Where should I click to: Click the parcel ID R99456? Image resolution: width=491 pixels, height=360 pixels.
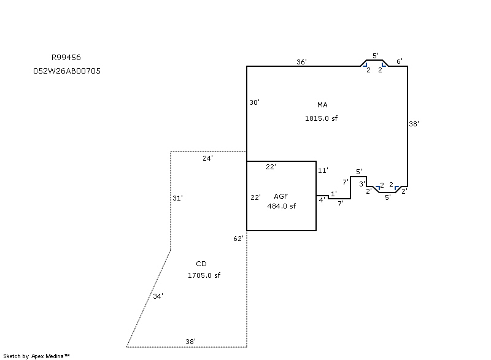click(x=66, y=57)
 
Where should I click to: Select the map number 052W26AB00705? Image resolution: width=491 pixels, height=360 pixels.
click(x=67, y=71)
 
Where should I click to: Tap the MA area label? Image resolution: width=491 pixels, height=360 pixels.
click(x=322, y=105)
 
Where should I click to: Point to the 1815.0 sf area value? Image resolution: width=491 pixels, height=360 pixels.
click(x=321, y=118)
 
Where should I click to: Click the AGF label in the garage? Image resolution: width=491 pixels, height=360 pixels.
click(x=281, y=196)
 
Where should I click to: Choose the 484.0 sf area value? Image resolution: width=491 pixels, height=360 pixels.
click(x=281, y=206)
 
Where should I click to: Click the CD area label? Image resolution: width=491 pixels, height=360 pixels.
click(x=201, y=264)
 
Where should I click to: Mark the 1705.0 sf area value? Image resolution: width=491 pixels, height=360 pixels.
click(x=204, y=275)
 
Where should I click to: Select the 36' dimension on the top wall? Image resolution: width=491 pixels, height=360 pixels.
click(x=301, y=62)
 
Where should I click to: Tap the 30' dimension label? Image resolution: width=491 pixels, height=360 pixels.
click(x=254, y=102)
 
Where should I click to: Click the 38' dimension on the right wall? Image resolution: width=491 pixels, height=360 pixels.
click(x=414, y=124)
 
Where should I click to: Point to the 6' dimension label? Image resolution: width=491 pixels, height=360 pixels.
click(x=399, y=61)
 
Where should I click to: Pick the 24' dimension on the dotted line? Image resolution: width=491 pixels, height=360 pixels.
click(x=207, y=158)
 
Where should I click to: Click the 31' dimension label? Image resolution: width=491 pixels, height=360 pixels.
click(x=177, y=197)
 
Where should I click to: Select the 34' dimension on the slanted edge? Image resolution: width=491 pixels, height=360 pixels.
click(x=158, y=296)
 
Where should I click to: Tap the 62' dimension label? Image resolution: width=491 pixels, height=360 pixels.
click(x=239, y=238)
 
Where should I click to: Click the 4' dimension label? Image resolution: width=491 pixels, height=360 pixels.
click(x=322, y=199)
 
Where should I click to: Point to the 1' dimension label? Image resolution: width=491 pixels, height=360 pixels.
click(x=333, y=194)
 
